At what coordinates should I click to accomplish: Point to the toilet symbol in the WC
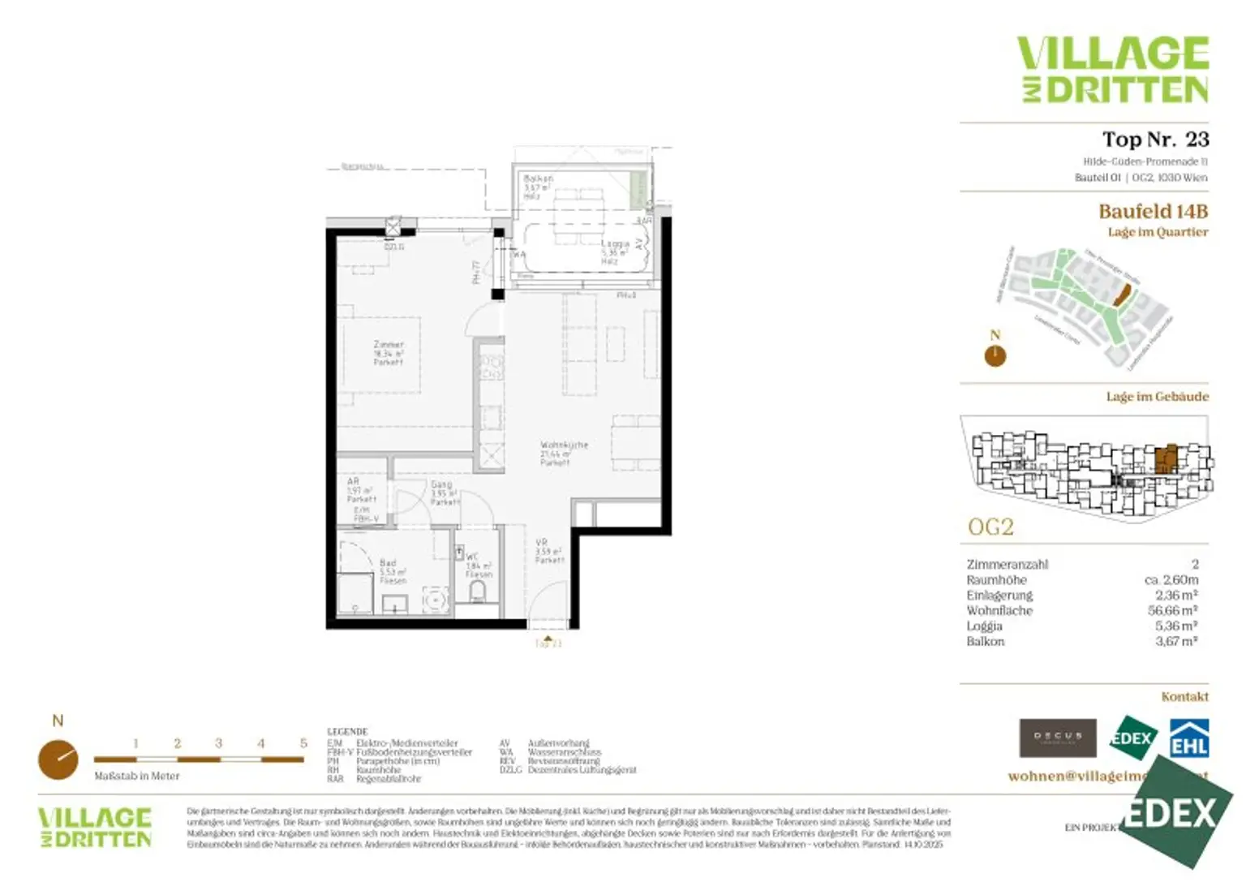pos(478,591)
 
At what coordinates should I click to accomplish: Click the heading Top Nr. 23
pos(1154,140)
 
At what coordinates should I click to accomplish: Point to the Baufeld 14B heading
pos(1153,212)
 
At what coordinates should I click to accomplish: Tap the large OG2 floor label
pos(990,527)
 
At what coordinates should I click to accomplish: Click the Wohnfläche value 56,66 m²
pos(1172,610)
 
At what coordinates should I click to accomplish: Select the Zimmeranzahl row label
pos(1007,564)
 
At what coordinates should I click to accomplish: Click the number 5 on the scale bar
pos(303,743)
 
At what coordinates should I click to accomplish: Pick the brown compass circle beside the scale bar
pos(58,759)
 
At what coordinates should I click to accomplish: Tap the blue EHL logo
pos(1188,738)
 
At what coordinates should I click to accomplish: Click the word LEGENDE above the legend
pos(347,731)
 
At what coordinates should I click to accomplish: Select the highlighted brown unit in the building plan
pos(1166,458)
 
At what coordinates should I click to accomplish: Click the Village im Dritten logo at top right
pos(1113,69)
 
